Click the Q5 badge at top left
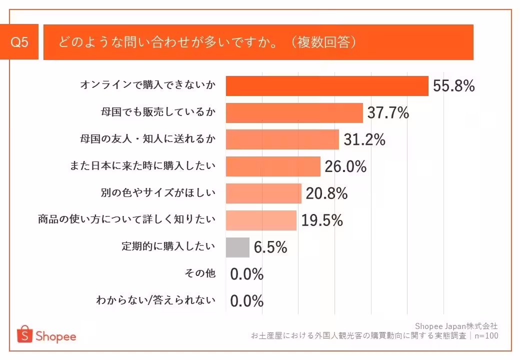[19, 42]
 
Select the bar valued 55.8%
[327, 86]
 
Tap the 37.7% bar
[294, 113]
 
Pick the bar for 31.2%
[282, 139]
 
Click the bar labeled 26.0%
[273, 166]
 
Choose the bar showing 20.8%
[263, 193]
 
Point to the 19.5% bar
[261, 220]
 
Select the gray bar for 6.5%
[237, 247]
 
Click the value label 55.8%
[453, 86]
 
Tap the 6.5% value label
[270, 247]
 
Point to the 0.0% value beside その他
[246, 274]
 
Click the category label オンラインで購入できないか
[148, 85]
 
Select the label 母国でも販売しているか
[158, 112]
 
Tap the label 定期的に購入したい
[168, 246]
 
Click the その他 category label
[200, 273]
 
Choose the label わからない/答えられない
[156, 300]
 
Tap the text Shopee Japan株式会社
[456, 326]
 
